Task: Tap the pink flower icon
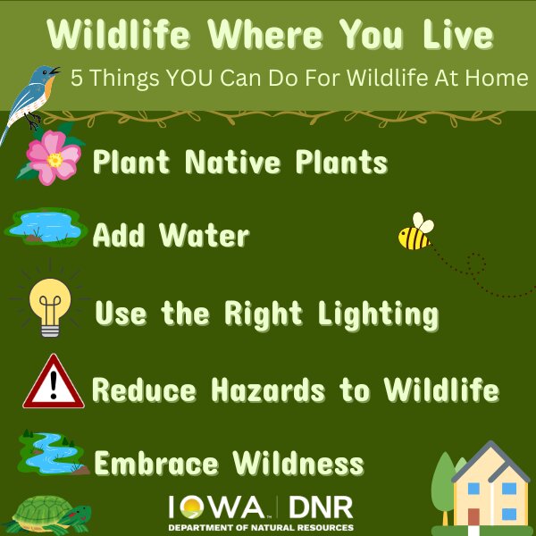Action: [x=54, y=157]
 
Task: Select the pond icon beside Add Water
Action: [x=46, y=227]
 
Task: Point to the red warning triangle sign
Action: [x=54, y=383]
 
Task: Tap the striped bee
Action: [x=415, y=232]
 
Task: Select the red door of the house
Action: [x=473, y=517]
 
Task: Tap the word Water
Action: [x=205, y=235]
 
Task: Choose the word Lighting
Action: [x=378, y=315]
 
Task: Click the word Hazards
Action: [x=268, y=389]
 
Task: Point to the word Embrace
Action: [x=155, y=463]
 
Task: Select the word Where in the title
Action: [x=265, y=35]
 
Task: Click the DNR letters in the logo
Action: [x=321, y=507]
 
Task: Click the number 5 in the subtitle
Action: [x=77, y=79]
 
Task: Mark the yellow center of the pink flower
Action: [x=54, y=160]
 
